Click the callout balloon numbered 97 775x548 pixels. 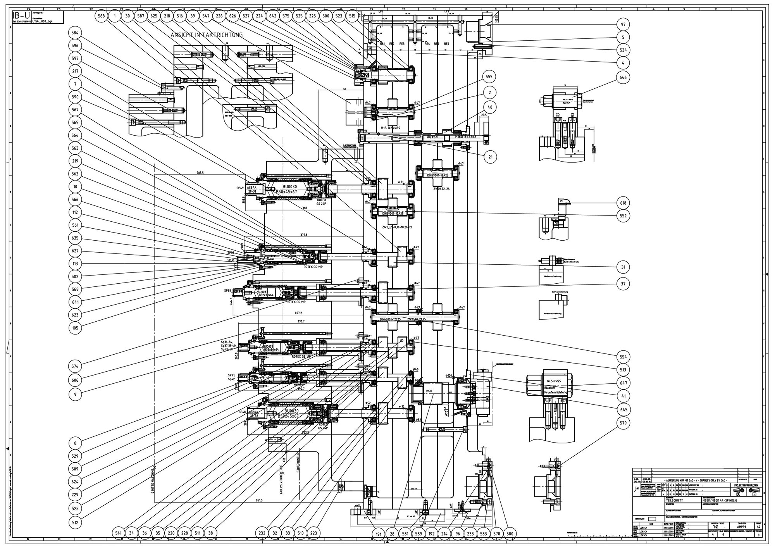coord(623,25)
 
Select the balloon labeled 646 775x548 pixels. coord(623,78)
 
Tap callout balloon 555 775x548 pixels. coord(490,77)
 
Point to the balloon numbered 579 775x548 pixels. coord(623,423)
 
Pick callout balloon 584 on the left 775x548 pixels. coord(75,33)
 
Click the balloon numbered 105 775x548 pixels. coord(75,328)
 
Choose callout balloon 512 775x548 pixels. coord(75,522)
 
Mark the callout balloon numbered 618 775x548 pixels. coord(623,203)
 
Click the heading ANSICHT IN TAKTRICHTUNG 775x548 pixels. coord(207,35)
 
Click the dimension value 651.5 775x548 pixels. coord(259,500)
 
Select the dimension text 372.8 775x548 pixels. coord(303,235)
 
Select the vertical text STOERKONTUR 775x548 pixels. coord(299,465)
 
